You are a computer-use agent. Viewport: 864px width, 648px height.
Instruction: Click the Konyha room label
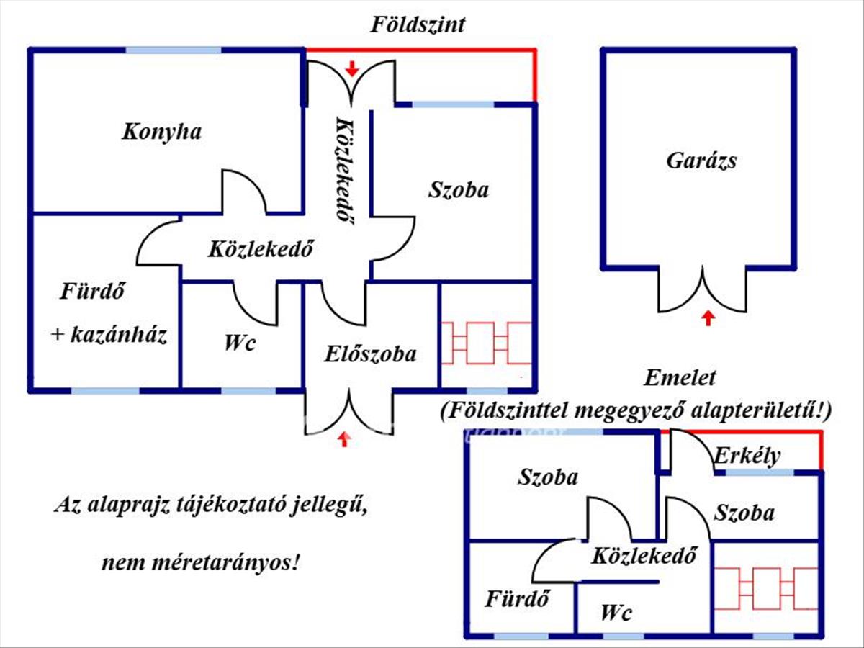coord(161,132)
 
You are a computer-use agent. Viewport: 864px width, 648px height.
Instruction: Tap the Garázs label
coord(701,160)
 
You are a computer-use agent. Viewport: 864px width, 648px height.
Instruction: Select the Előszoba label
coord(370,354)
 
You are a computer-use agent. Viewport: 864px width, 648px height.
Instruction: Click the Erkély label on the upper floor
coord(747,456)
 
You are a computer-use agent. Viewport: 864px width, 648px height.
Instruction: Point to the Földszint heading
coord(418,25)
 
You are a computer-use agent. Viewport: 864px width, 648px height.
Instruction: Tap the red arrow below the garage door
coord(709,317)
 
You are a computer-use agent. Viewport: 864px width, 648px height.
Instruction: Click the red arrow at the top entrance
coord(351,68)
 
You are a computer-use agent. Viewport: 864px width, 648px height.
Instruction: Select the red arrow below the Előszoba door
coord(345,438)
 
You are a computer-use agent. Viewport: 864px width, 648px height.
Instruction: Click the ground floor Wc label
coord(239,343)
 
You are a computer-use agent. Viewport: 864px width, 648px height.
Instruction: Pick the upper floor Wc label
coord(616,613)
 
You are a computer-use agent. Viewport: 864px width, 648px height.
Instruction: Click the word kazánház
coord(119,335)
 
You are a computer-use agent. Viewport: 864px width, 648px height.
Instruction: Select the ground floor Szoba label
coord(459,190)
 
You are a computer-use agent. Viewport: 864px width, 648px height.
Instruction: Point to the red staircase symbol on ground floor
coord(487,343)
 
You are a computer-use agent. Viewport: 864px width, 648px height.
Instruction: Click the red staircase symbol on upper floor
coord(765,588)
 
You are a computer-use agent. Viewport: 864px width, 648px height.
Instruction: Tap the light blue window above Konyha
coord(174,50)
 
